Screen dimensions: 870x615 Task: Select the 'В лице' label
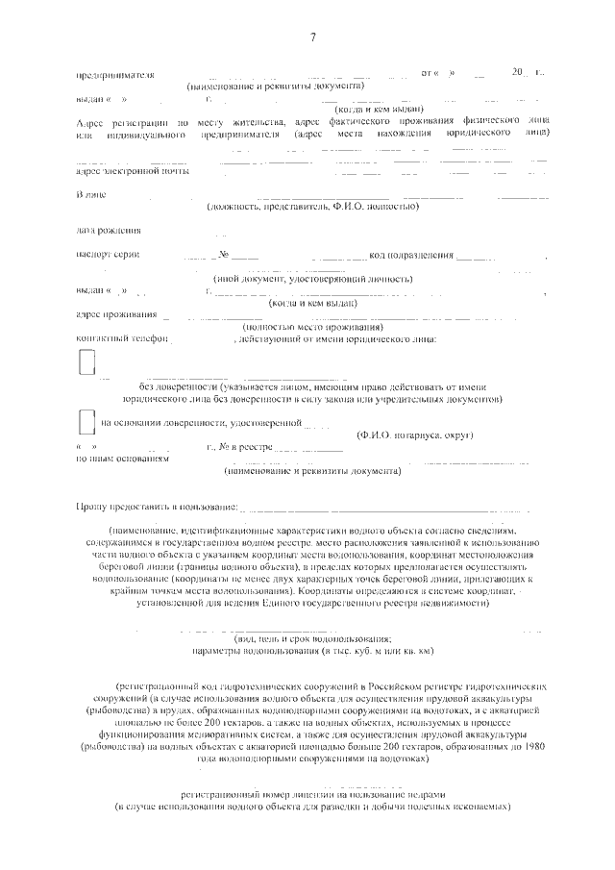90,195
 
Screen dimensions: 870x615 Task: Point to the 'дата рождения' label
108,231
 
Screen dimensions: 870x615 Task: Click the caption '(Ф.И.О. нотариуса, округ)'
414,435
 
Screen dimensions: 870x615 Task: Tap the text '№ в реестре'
245,448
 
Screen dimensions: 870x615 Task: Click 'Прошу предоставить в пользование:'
155,506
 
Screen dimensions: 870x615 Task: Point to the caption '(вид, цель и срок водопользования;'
313,638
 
